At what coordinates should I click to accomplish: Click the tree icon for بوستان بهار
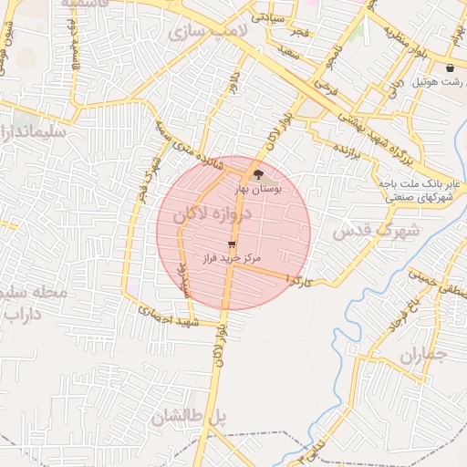(258, 172)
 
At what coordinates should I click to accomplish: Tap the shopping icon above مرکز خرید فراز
(232, 244)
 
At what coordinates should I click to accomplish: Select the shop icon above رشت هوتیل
(450, 68)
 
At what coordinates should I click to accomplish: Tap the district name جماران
(424, 353)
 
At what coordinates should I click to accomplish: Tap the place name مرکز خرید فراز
(233, 259)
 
